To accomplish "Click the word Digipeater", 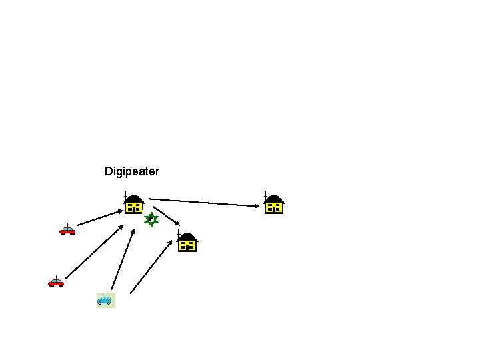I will pyautogui.click(x=132, y=171).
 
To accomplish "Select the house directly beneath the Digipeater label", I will pyautogui.click(x=133, y=203).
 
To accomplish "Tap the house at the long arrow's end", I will pyautogui.click(x=273, y=203).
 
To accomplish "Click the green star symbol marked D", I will pyautogui.click(x=152, y=219).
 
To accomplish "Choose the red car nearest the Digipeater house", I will pyautogui.click(x=67, y=230).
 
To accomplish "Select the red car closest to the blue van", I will pyautogui.click(x=56, y=283).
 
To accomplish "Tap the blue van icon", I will pyautogui.click(x=105, y=300).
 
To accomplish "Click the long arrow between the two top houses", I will pyautogui.click(x=203, y=202).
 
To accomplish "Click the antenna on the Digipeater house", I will pyautogui.click(x=125, y=197).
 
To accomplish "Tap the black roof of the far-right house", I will pyautogui.click(x=275, y=198).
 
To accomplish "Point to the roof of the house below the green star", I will pyautogui.click(x=188, y=236).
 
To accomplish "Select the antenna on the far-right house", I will pyautogui.click(x=265, y=197).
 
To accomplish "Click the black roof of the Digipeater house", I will pyautogui.click(x=135, y=198).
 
